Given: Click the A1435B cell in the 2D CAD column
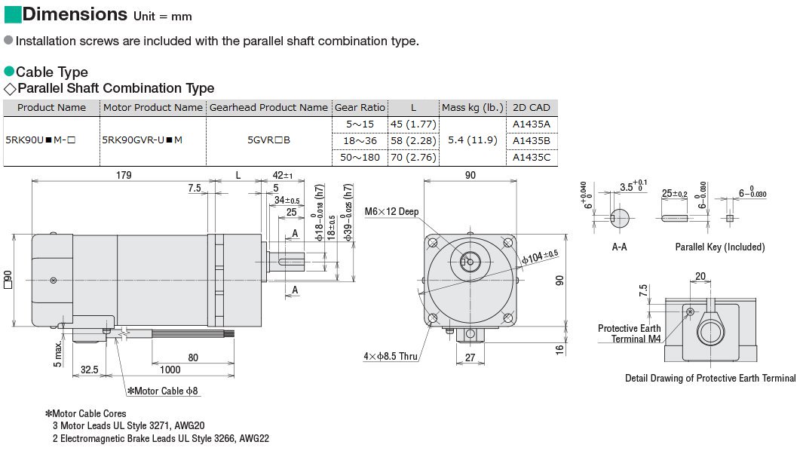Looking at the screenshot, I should click(x=531, y=140).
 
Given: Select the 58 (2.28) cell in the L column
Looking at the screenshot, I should click(x=412, y=140).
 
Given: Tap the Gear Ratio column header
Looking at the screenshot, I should click(x=360, y=108).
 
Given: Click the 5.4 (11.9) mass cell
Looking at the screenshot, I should click(x=471, y=140).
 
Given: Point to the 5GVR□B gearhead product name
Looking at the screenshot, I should click(x=269, y=140).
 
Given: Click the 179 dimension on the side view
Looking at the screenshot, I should click(x=124, y=175).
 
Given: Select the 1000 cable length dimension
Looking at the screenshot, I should click(x=170, y=370).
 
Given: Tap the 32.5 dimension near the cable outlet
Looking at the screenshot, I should click(x=90, y=370).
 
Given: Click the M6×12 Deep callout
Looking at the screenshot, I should click(x=391, y=211).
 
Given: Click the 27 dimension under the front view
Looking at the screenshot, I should click(x=470, y=358).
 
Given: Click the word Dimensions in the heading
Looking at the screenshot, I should click(x=75, y=14).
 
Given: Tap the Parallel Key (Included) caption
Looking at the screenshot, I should click(x=719, y=247).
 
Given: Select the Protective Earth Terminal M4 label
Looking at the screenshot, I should click(x=629, y=333).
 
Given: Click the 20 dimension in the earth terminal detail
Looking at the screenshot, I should click(x=700, y=276).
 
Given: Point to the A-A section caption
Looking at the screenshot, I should click(x=619, y=247).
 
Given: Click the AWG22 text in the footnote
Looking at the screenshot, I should click(x=256, y=438).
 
